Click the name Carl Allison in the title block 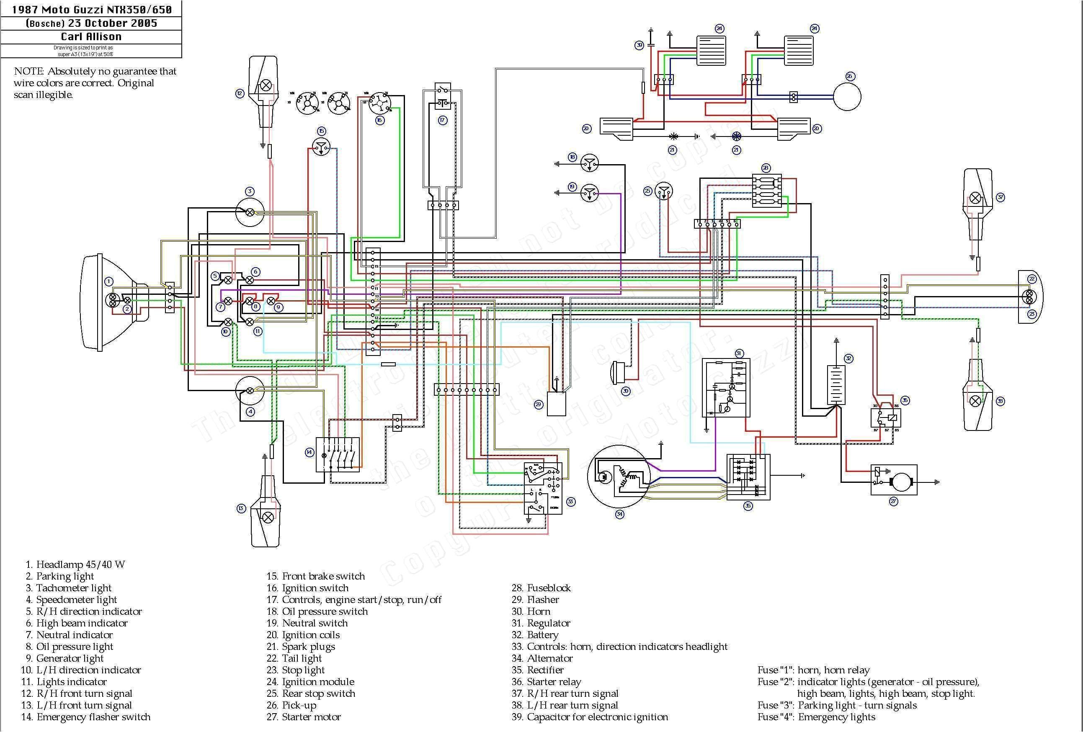(91, 36)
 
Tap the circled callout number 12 (240, 94)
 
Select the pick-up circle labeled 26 (847, 97)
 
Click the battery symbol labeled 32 (836, 384)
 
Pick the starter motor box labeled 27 (893, 480)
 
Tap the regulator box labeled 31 (726, 388)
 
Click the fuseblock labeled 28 (766, 191)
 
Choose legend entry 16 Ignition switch (307, 588)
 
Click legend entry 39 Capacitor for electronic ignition (590, 717)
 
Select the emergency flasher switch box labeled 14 (338, 454)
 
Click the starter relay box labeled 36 (886, 418)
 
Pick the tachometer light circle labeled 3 (250, 212)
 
